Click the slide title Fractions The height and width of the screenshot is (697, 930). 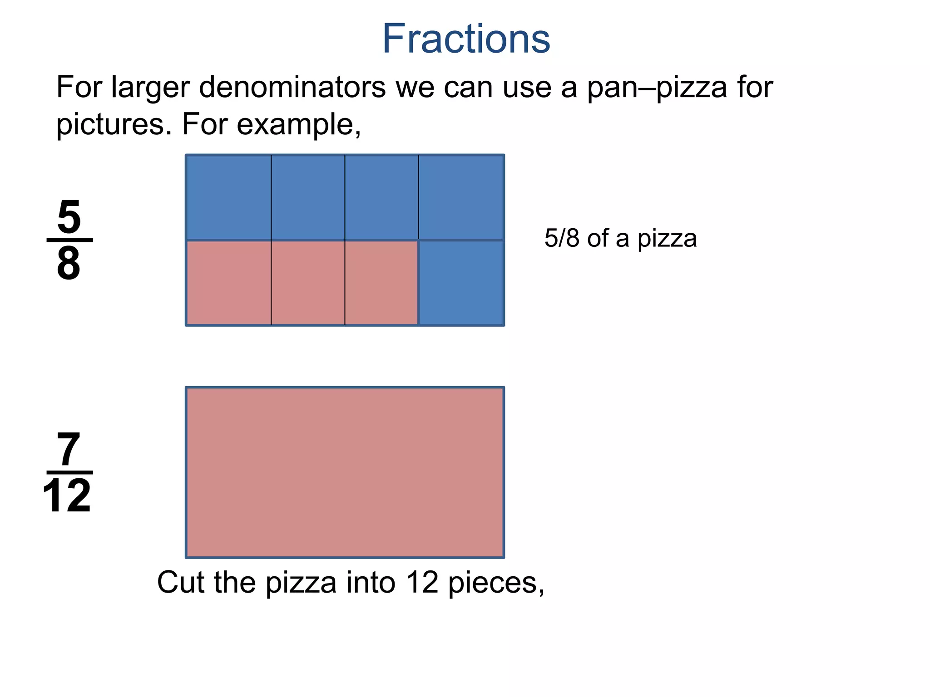466,39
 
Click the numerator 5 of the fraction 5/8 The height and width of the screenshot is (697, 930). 69,217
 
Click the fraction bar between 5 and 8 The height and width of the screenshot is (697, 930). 69,240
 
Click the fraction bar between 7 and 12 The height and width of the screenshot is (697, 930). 69,472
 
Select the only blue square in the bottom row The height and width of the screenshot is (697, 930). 461,283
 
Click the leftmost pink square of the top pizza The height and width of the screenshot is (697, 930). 228,283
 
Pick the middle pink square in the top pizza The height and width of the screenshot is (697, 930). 308,283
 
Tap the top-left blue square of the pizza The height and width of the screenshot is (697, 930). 228,197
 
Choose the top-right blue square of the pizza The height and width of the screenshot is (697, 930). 461,197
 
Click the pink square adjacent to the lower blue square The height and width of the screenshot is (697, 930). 381,283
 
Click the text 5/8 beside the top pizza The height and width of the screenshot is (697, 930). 562,238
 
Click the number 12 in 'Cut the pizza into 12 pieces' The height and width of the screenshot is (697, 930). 422,582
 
